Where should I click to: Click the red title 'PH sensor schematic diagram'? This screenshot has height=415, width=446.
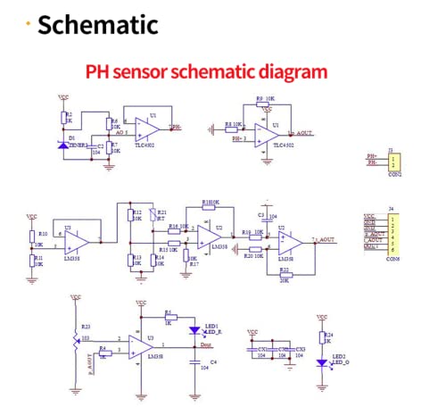pyautogui.click(x=206, y=71)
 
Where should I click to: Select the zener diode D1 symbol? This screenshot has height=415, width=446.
pyautogui.click(x=63, y=143)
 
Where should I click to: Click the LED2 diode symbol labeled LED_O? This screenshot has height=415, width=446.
pyautogui.click(x=322, y=362)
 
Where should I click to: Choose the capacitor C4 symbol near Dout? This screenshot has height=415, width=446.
pyautogui.click(x=195, y=362)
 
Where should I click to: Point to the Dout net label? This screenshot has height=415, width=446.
pyautogui.click(x=206, y=344)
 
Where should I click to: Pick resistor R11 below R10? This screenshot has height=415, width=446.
pyautogui.click(x=34, y=260)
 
